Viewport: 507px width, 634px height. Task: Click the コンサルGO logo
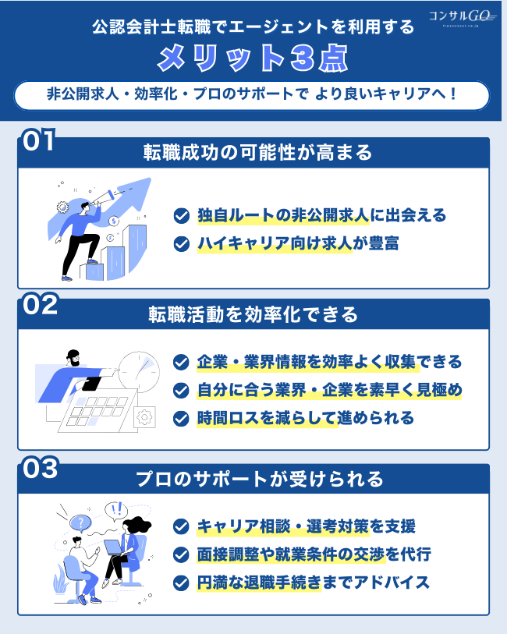click(463, 16)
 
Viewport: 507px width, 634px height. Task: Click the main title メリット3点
click(253, 58)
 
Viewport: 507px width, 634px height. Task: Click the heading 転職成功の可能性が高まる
click(253, 152)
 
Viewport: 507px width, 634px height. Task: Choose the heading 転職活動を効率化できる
click(253, 313)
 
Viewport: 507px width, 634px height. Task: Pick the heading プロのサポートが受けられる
click(253, 478)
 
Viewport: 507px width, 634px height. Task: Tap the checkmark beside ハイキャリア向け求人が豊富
click(181, 244)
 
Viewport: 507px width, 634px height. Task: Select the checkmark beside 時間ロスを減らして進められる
click(181, 418)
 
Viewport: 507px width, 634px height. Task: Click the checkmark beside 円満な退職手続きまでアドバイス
click(181, 583)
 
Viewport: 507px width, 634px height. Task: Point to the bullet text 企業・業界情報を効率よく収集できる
click(328, 362)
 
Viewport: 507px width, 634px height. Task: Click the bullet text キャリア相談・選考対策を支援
click(306, 526)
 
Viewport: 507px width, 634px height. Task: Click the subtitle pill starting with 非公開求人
click(253, 95)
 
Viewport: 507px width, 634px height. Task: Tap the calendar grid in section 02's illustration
click(90, 409)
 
